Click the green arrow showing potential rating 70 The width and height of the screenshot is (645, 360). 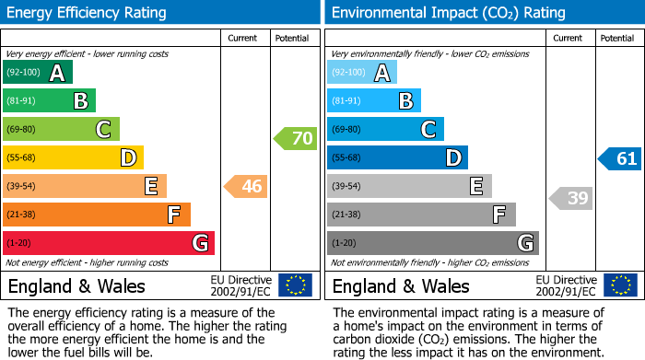pos(296,139)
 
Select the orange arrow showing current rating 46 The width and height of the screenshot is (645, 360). pos(246,187)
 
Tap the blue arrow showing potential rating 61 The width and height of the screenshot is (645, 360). pos(620,158)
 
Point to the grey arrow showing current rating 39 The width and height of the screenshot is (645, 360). pos(571,198)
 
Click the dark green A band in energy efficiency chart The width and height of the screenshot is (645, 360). pos(37,73)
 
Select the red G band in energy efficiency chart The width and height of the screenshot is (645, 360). pos(109,243)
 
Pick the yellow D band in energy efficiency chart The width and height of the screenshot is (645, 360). pos(73,157)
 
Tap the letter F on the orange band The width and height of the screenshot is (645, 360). pos(172,215)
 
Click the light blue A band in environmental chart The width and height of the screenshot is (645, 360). pos(361,73)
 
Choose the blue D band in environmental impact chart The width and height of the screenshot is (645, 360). pos(397,157)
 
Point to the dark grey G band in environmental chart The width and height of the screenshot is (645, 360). pos(432,243)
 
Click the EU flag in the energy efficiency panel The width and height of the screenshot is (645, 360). pos(295,285)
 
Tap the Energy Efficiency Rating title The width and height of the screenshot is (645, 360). pos(88,13)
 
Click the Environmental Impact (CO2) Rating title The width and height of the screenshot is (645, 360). pos(448,13)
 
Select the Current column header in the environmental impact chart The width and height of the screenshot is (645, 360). pos(568,38)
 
